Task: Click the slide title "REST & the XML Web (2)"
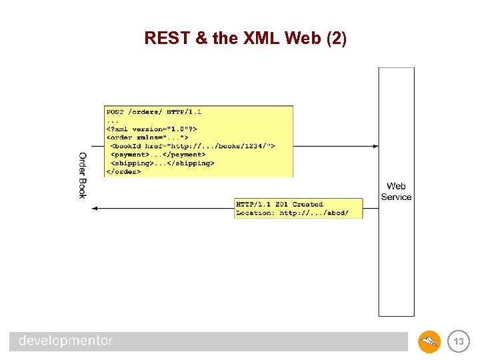pyautogui.click(x=245, y=39)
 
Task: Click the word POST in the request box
pyautogui.click(x=115, y=112)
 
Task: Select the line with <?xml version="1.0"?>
pyautogui.click(x=152, y=129)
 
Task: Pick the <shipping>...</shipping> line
pyautogui.click(x=162, y=163)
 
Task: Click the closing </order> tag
pyautogui.click(x=123, y=171)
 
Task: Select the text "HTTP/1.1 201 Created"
pyautogui.click(x=279, y=204)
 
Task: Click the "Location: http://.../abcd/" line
pyautogui.click(x=292, y=213)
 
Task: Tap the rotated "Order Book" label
pyautogui.click(x=83, y=175)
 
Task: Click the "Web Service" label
pyautogui.click(x=396, y=191)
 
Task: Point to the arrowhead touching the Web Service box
pyautogui.click(x=375, y=145)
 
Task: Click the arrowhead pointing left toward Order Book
pyautogui.click(x=95, y=209)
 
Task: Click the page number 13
pyautogui.click(x=459, y=342)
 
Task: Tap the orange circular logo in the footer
pyautogui.click(x=429, y=342)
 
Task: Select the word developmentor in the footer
pyautogui.click(x=65, y=341)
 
